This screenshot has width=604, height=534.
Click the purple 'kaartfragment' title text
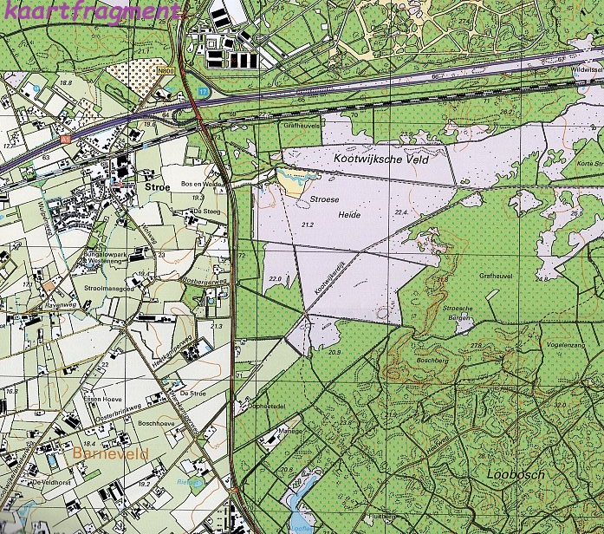point(93,11)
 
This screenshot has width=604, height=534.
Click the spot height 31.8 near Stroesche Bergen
point(441,280)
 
